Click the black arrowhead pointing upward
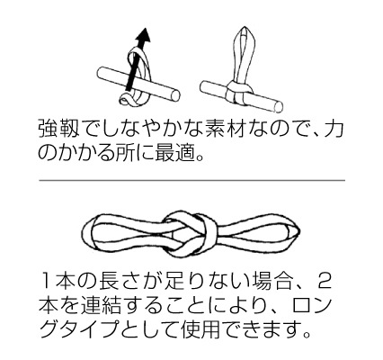pyautogui.click(x=143, y=35)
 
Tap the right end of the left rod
pyautogui.click(x=175, y=95)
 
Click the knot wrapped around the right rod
pyautogui.click(x=238, y=93)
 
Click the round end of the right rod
pyautogui.click(x=279, y=107)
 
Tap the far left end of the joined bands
pyautogui.click(x=83, y=232)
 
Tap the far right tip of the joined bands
pyautogui.click(x=298, y=230)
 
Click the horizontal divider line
pyautogui.click(x=191, y=180)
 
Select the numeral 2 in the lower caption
pyautogui.click(x=325, y=281)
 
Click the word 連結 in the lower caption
pyautogui.click(x=101, y=303)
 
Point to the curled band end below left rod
pyautogui.click(x=126, y=100)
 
